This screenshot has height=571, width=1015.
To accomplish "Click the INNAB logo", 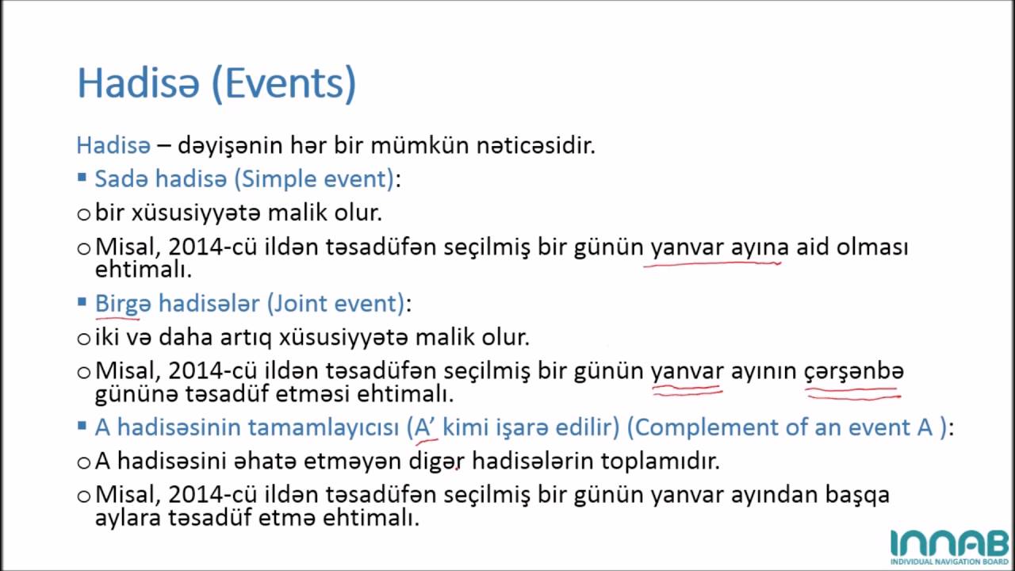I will [x=948, y=546].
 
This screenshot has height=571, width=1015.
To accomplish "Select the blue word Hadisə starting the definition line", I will [x=113, y=146].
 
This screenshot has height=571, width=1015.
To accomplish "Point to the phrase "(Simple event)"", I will [x=315, y=179].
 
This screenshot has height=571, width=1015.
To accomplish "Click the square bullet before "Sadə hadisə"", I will [x=82, y=178].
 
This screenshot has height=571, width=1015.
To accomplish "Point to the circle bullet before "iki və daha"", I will [x=84, y=339].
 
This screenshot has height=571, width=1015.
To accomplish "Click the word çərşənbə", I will [x=854, y=370].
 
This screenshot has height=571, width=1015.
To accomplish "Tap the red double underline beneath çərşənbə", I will [x=853, y=392].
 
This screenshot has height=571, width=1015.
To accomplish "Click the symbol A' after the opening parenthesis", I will [x=426, y=427].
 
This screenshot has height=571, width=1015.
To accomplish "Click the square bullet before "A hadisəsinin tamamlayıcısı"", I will [x=82, y=426].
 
